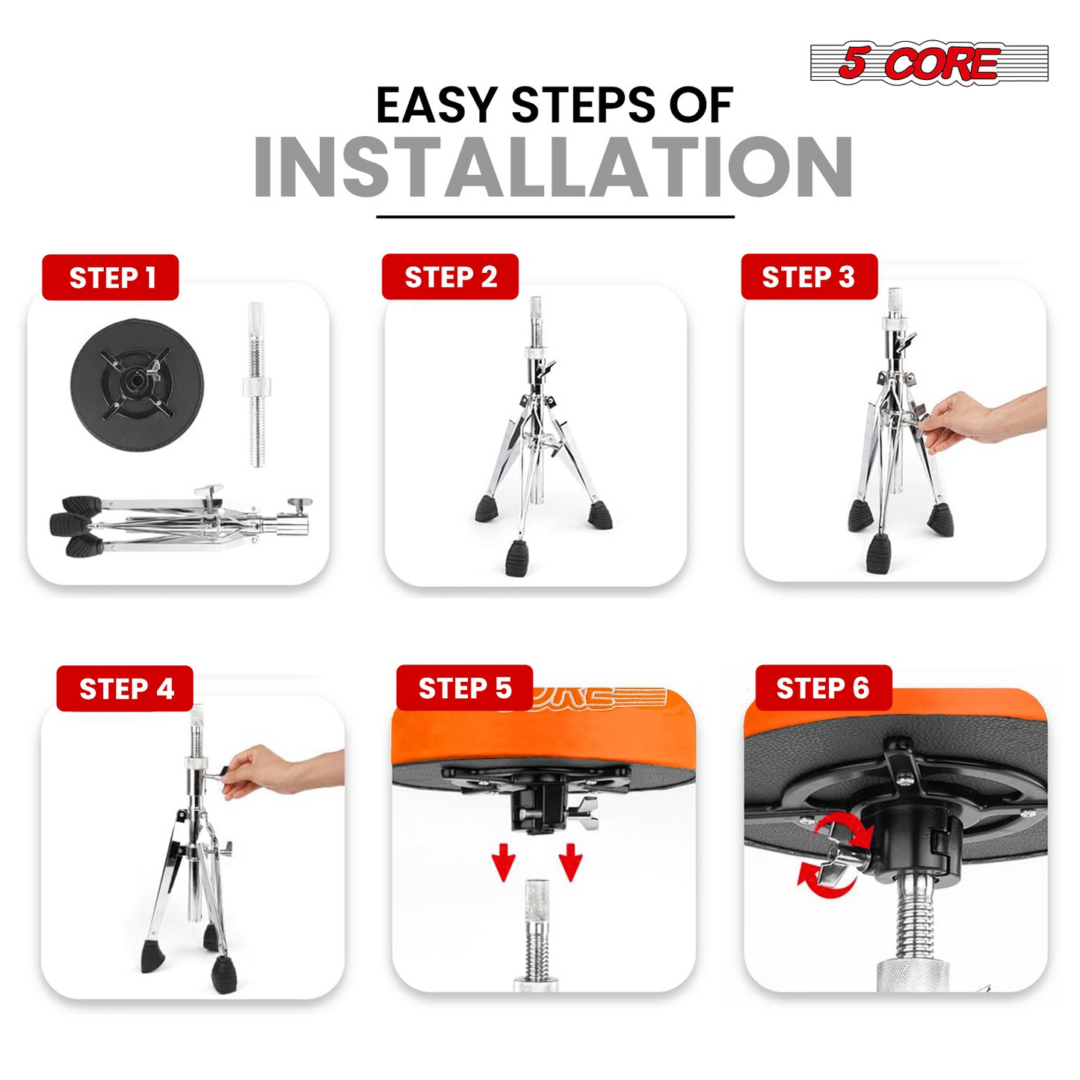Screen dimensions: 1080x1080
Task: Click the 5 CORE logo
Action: click(x=929, y=64)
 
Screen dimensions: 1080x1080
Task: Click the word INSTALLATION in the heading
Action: click(x=554, y=167)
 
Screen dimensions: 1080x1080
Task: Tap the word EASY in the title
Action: click(x=436, y=105)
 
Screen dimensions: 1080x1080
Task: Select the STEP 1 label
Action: click(x=111, y=277)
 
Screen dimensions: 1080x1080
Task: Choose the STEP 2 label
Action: click(x=450, y=277)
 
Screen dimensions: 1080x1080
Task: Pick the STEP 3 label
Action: click(x=809, y=277)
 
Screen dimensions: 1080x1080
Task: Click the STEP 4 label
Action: click(x=125, y=688)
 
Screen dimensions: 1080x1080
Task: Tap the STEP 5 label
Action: click(x=465, y=688)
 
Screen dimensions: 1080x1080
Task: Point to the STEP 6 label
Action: click(x=824, y=688)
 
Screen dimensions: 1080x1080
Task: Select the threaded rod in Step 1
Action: click(x=256, y=384)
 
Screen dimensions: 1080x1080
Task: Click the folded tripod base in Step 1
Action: click(x=180, y=519)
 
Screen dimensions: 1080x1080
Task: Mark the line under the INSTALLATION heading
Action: click(x=555, y=216)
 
